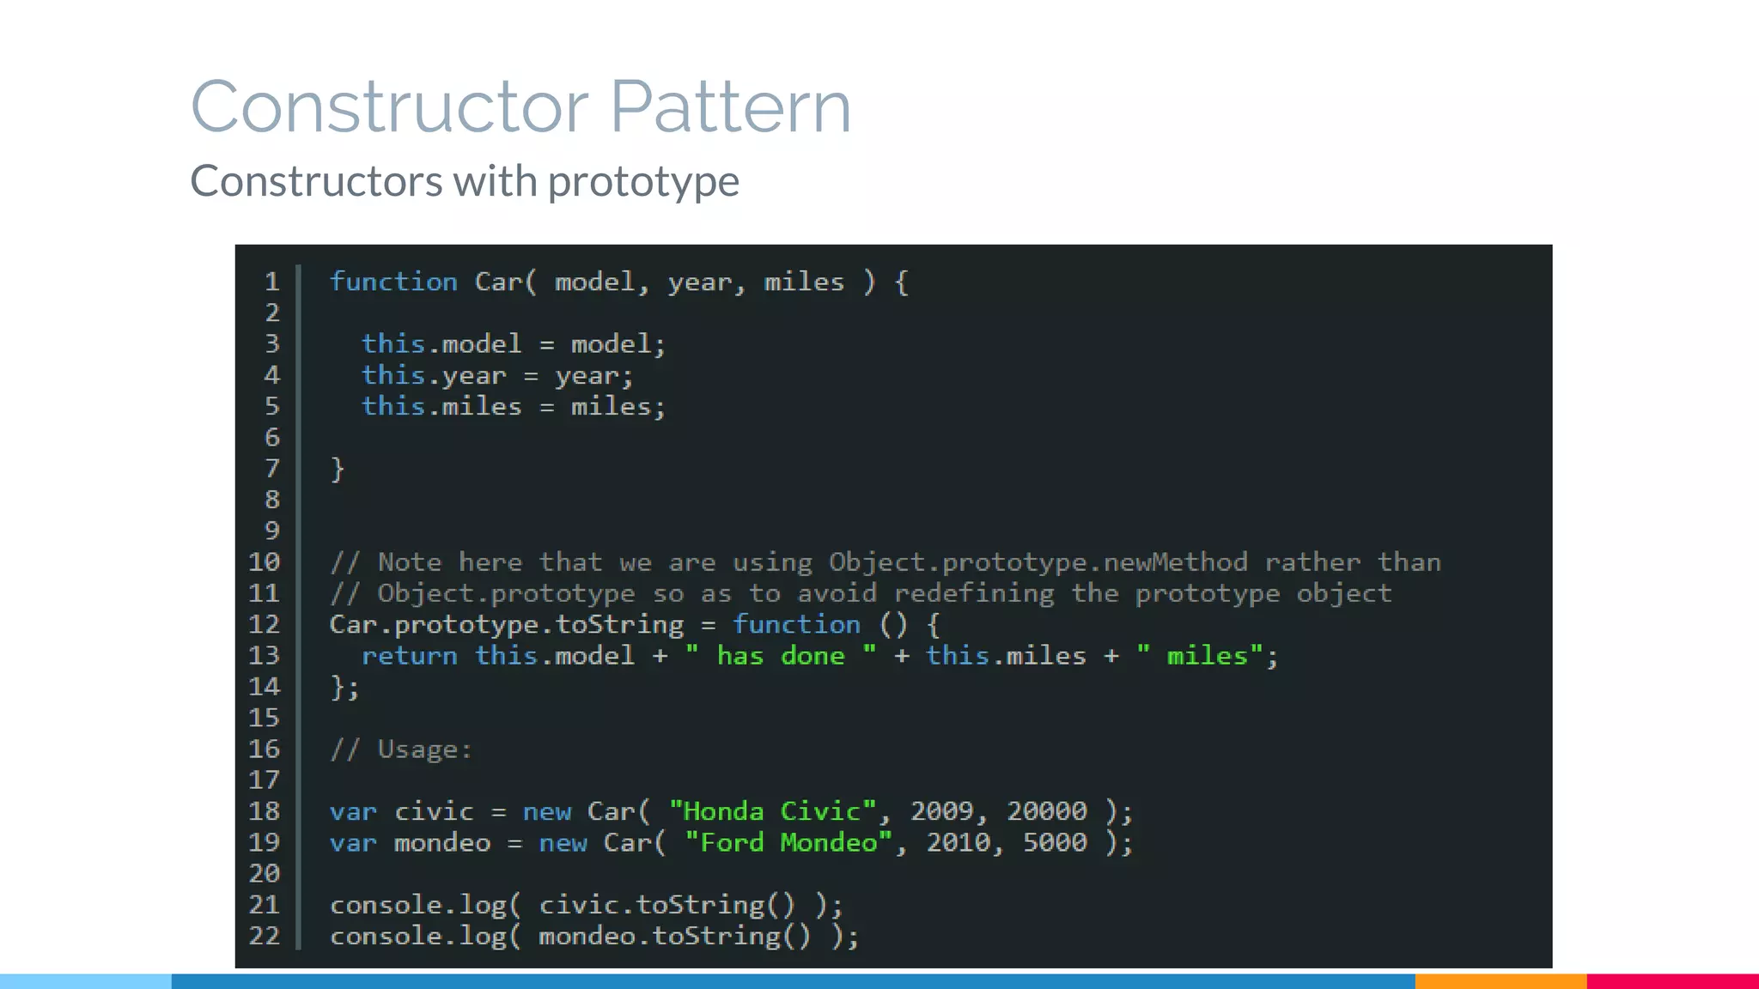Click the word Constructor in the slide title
tap(389, 106)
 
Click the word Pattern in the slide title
tap(730, 106)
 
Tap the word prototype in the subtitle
tap(643, 181)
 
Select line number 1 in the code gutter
tap(271, 282)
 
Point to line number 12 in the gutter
tap(264, 624)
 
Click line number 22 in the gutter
tap(264, 935)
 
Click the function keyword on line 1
tap(393, 282)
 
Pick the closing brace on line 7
tap(338, 469)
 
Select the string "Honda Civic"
tap(772, 811)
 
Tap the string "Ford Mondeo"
tap(788, 842)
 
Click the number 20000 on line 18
tap(1047, 811)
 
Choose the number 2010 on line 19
tap(958, 842)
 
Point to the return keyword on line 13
tap(409, 656)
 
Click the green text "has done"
tap(781, 656)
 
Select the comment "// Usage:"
tap(401, 749)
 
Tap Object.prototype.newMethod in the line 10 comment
tap(1038, 562)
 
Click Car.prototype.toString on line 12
tap(507, 624)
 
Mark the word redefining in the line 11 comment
tap(974, 593)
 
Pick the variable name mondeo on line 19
tap(442, 842)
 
